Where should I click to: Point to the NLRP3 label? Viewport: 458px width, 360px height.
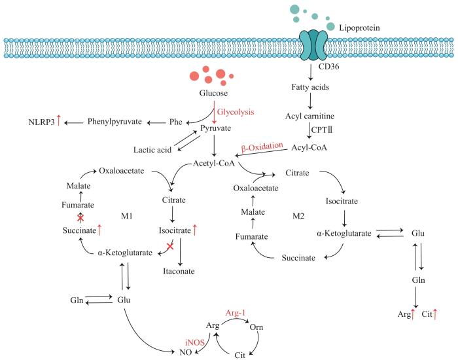pos(42,122)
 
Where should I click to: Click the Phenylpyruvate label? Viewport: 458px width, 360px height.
pos(115,122)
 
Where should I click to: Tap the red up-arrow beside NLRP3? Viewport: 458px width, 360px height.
pos(60,121)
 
